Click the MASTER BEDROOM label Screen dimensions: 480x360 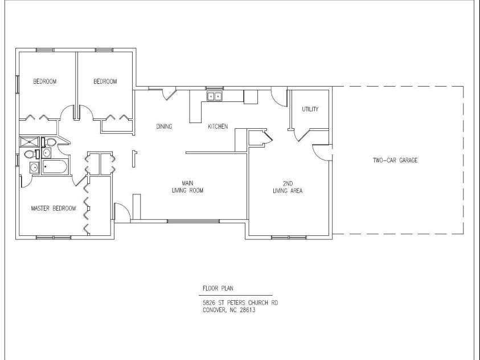coord(54,208)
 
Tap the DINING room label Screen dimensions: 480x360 coord(164,126)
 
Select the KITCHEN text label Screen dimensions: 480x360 coord(218,126)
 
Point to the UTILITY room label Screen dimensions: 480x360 coord(310,109)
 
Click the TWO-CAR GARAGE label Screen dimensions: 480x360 coord(395,160)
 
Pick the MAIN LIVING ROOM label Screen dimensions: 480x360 coord(188,187)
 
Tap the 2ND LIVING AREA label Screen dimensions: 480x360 coord(288,187)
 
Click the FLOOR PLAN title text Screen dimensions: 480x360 coord(218,288)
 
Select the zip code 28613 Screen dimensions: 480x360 coord(248,310)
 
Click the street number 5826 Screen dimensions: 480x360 coord(209,303)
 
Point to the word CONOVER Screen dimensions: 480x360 coord(214,310)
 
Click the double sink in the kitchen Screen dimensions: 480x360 coord(215,96)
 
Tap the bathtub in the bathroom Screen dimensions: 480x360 coord(55,167)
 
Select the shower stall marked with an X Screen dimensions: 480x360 coord(30,142)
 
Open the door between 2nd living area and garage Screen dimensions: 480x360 coord(322,152)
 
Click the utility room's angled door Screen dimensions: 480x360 coord(303,135)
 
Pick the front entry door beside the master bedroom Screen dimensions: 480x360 coord(122,211)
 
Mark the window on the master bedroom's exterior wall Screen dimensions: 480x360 coord(54,238)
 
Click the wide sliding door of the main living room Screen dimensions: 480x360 coord(193,220)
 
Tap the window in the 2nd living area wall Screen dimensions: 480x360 coord(289,238)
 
